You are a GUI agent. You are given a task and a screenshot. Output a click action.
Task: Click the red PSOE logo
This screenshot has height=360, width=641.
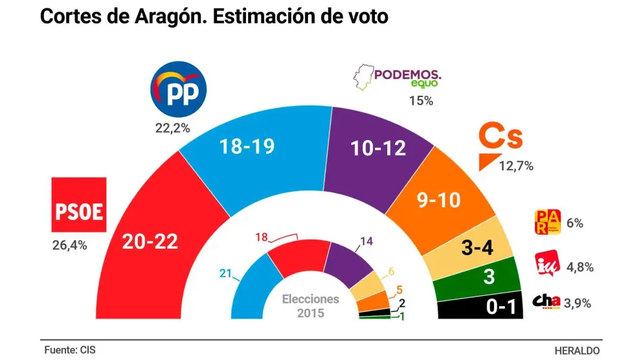tap(78, 205)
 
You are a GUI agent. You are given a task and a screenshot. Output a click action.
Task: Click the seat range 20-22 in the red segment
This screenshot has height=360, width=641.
tap(151, 242)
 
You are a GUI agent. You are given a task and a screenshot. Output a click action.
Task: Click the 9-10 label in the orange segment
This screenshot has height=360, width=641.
tap(437, 200)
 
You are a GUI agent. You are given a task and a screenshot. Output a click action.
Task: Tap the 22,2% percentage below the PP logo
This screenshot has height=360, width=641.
tap(173, 129)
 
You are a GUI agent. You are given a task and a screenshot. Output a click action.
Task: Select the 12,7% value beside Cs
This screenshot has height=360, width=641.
tap(516, 166)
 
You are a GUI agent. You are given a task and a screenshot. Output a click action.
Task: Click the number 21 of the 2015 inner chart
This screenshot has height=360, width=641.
tap(225, 275)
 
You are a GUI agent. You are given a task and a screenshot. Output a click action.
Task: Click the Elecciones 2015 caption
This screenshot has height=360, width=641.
tap(310, 306)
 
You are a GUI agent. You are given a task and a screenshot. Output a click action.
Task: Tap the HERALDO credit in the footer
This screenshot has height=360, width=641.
tap(578, 350)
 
